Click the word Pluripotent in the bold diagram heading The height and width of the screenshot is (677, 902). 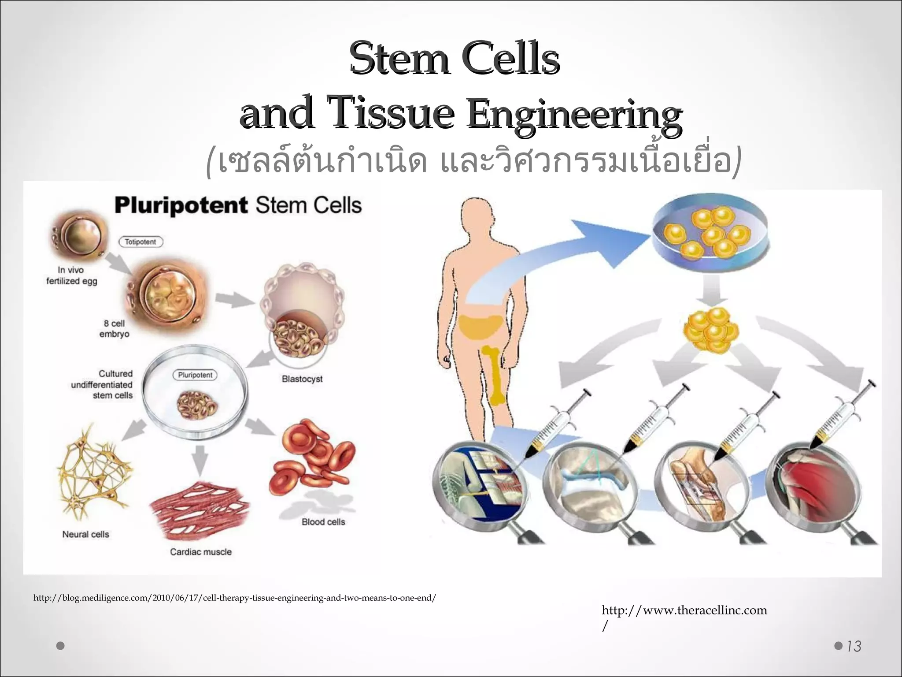click(181, 206)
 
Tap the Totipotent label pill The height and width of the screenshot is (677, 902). click(140, 242)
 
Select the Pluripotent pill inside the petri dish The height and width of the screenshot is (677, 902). click(195, 375)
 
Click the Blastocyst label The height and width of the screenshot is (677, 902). click(302, 379)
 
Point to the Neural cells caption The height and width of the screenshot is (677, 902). click(85, 534)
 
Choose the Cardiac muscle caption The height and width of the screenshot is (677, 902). click(201, 552)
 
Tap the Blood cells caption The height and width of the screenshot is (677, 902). click(323, 522)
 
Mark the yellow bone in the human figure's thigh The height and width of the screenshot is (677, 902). click(495, 375)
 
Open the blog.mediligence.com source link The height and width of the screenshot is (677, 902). click(235, 598)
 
